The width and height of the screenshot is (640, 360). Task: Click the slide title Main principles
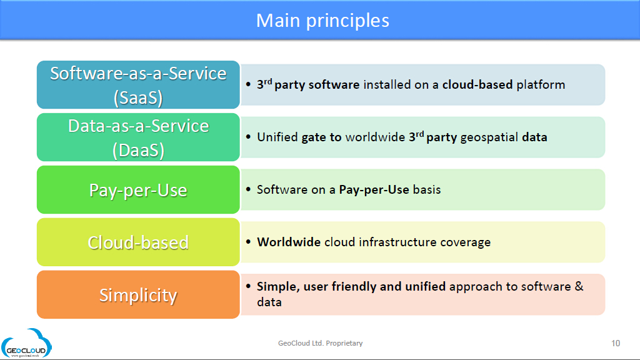click(x=322, y=21)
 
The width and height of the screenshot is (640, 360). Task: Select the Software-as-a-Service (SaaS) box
click(x=138, y=84)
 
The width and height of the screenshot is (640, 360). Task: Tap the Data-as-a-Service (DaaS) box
click(x=138, y=137)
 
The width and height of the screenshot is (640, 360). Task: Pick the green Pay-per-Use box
click(x=138, y=190)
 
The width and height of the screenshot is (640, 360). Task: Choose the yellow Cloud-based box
click(x=138, y=242)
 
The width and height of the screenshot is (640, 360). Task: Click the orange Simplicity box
click(x=138, y=295)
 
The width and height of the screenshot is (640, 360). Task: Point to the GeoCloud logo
click(x=26, y=344)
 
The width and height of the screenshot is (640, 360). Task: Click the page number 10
click(x=616, y=343)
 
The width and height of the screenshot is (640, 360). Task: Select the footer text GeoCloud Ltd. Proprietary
click(x=321, y=343)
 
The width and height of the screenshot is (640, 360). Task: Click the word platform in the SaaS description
click(x=541, y=85)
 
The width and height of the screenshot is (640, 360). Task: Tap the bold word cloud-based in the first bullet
click(x=477, y=84)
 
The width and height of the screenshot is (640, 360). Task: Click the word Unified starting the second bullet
click(x=277, y=137)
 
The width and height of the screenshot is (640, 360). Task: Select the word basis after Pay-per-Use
click(x=427, y=190)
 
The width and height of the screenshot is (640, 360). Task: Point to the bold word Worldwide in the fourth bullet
click(x=289, y=242)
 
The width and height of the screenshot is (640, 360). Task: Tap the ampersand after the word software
click(x=579, y=286)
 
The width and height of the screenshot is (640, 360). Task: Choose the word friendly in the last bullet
click(x=354, y=286)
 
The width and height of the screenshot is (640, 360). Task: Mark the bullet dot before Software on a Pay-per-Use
click(x=248, y=189)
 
